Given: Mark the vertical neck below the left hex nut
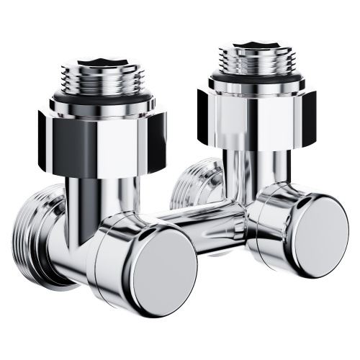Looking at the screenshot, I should (101, 198).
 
